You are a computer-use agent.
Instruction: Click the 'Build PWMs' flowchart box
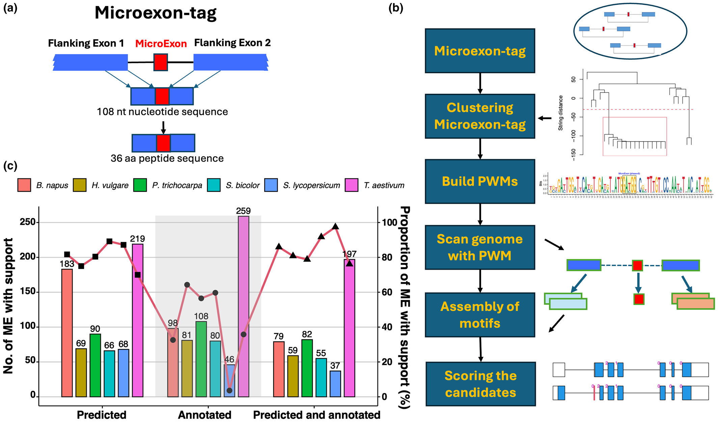click(480, 181)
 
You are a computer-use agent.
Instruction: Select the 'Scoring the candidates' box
click(480, 384)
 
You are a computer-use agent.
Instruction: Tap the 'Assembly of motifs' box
click(480, 315)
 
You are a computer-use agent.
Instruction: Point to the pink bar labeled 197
click(350, 333)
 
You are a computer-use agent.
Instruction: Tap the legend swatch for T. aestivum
click(352, 185)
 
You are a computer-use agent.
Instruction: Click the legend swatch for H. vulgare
click(80, 185)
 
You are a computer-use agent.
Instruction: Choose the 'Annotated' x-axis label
click(204, 415)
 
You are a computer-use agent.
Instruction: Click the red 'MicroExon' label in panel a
click(161, 44)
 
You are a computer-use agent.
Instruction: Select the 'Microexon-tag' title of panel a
click(156, 13)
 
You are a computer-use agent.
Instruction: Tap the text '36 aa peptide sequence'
click(167, 158)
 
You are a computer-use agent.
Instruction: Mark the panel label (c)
click(10, 165)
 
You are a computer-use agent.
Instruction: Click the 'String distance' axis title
click(561, 113)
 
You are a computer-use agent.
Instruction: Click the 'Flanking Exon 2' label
click(232, 43)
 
